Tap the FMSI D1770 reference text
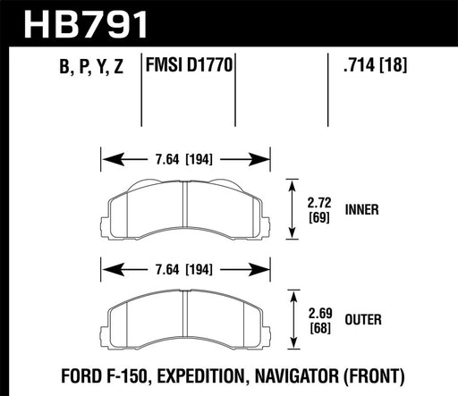coord(190,67)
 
